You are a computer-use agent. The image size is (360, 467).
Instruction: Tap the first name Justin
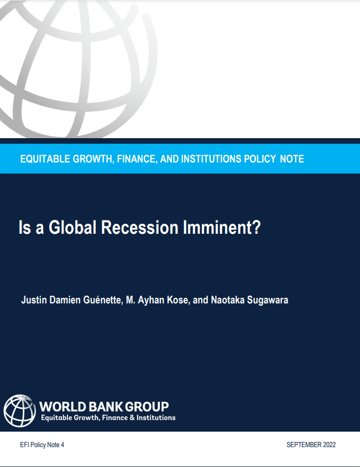[32, 301]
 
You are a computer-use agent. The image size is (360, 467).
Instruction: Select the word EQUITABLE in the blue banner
[46, 159]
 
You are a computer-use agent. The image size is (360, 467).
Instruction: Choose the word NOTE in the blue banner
[291, 159]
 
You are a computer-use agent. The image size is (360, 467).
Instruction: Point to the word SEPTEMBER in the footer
[302, 445]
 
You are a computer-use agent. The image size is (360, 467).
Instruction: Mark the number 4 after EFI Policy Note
[62, 445]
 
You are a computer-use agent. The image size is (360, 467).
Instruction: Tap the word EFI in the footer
[24, 445]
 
